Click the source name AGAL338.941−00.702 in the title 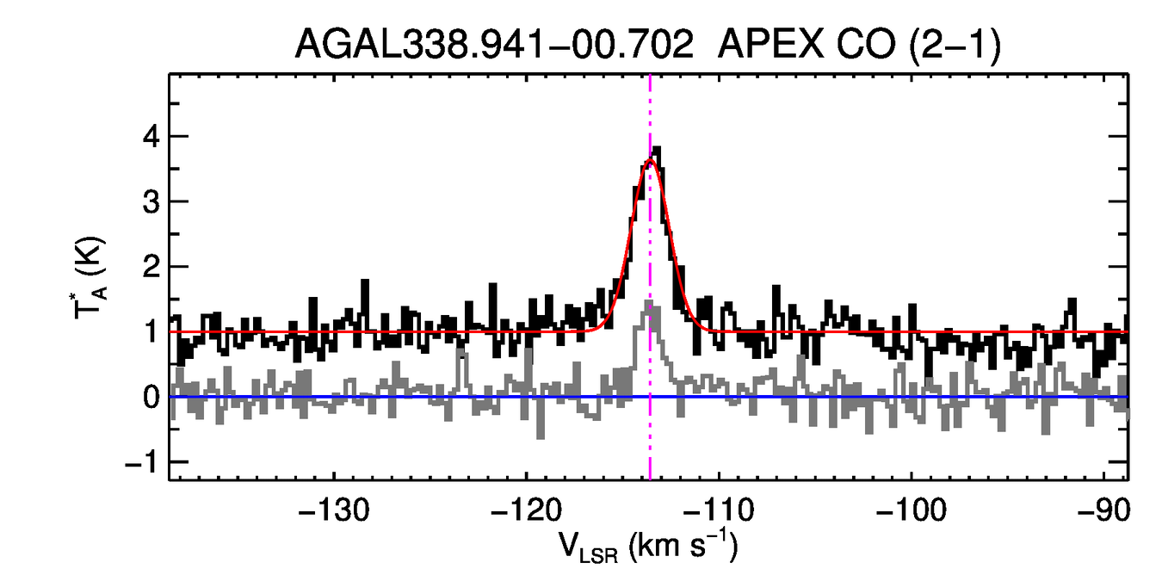tap(494, 45)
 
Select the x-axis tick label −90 tap(1103, 511)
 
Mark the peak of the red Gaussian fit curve tap(650, 161)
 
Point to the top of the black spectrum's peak tap(658, 148)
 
